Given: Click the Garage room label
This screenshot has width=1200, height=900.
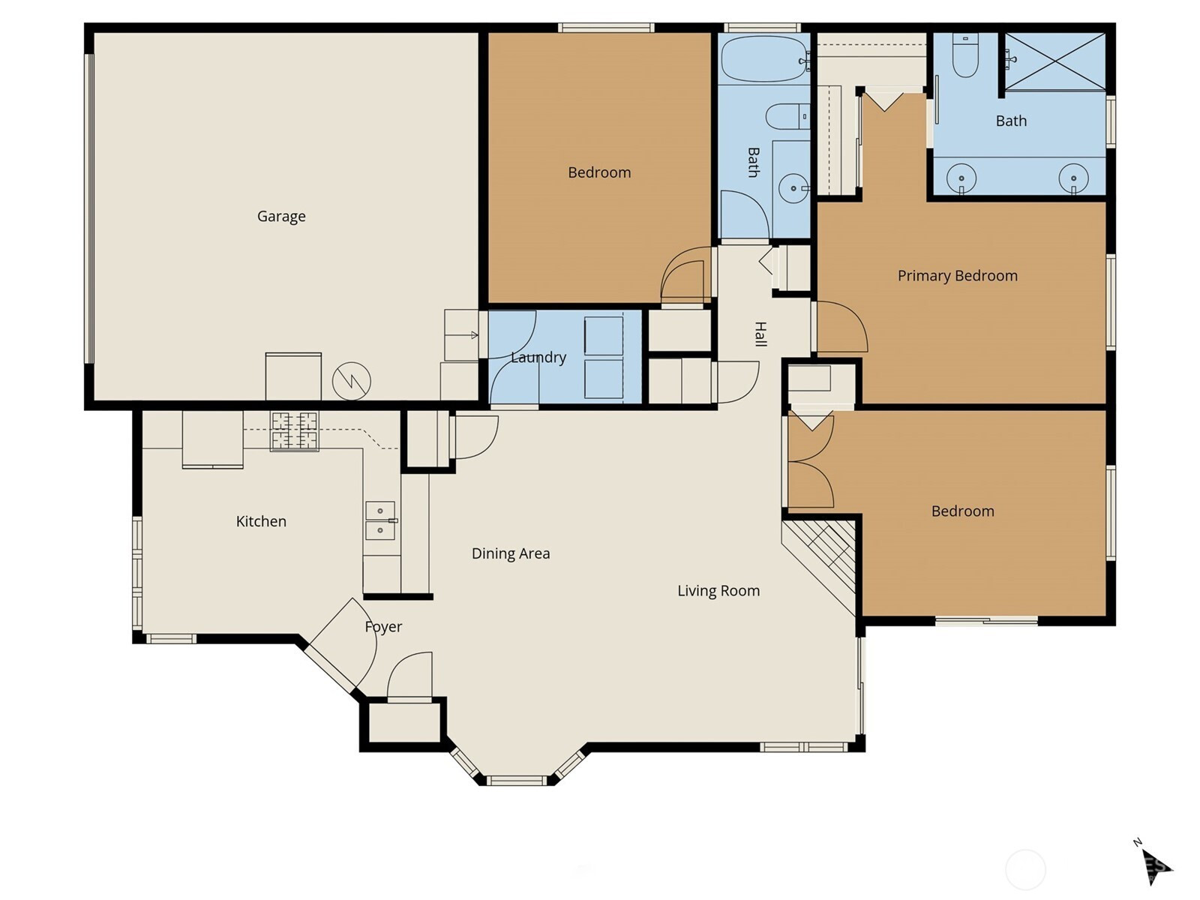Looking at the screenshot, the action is [x=281, y=217].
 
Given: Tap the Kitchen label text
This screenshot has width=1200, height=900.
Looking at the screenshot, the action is [x=261, y=520].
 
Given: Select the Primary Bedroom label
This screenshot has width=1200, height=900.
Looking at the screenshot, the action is [x=957, y=275].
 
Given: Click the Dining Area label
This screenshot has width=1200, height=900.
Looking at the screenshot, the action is [x=511, y=553].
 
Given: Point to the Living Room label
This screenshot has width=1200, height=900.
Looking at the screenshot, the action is [x=718, y=590].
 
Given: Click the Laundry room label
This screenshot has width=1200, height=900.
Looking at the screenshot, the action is [x=538, y=357].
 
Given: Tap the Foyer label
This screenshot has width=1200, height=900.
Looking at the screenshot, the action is [x=383, y=626].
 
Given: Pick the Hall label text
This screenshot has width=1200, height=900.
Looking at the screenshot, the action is [x=760, y=334].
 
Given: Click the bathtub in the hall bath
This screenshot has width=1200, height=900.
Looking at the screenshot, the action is [x=764, y=59].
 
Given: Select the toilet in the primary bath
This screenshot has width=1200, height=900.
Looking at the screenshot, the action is [x=965, y=55].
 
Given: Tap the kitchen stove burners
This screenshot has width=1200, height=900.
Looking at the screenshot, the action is [x=294, y=430].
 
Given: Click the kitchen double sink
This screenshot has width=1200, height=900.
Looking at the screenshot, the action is [x=380, y=520].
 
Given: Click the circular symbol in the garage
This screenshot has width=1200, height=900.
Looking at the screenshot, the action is [x=352, y=381].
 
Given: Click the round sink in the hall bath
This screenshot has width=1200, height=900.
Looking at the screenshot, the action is [x=793, y=188].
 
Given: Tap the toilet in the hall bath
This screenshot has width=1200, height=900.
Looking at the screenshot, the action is [x=787, y=116].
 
